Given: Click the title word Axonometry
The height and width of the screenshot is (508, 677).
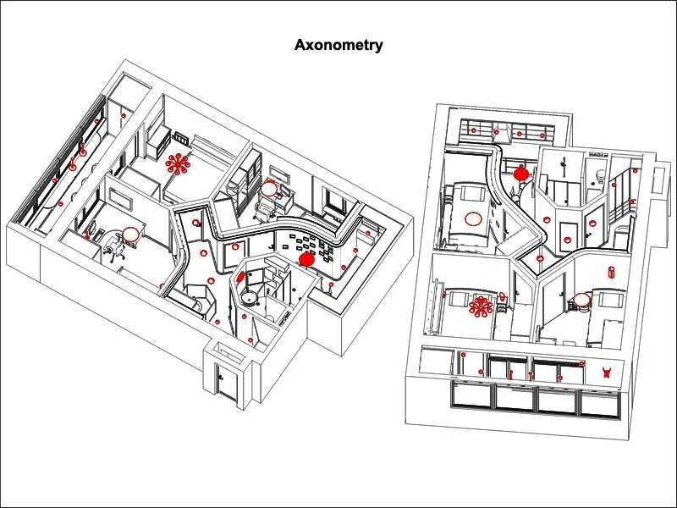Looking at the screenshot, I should click(338, 45).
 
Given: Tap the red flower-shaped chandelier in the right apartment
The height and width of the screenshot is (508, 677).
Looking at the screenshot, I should click(482, 306).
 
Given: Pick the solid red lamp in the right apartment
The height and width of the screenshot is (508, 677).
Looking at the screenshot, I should click(521, 173).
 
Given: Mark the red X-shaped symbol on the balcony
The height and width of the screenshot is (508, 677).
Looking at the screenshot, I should click(606, 371).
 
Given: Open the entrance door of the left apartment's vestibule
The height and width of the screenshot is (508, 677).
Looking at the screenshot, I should click(225, 383).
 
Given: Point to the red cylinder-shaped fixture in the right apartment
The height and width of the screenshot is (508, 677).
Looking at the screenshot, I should click(611, 272).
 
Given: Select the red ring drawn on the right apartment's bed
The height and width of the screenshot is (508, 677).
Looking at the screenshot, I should click(474, 218).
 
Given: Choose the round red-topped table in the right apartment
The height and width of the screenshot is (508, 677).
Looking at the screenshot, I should click(581, 300).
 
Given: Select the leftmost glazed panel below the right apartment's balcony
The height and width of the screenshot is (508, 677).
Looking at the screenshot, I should click(473, 394).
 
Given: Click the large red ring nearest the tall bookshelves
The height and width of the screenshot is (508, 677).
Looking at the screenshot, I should click(269, 189).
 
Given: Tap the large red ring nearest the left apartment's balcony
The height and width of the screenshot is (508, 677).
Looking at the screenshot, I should click(130, 235).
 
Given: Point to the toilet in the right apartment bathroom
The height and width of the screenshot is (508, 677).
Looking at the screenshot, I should click(600, 175).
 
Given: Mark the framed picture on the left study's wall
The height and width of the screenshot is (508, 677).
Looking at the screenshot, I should click(118, 201).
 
